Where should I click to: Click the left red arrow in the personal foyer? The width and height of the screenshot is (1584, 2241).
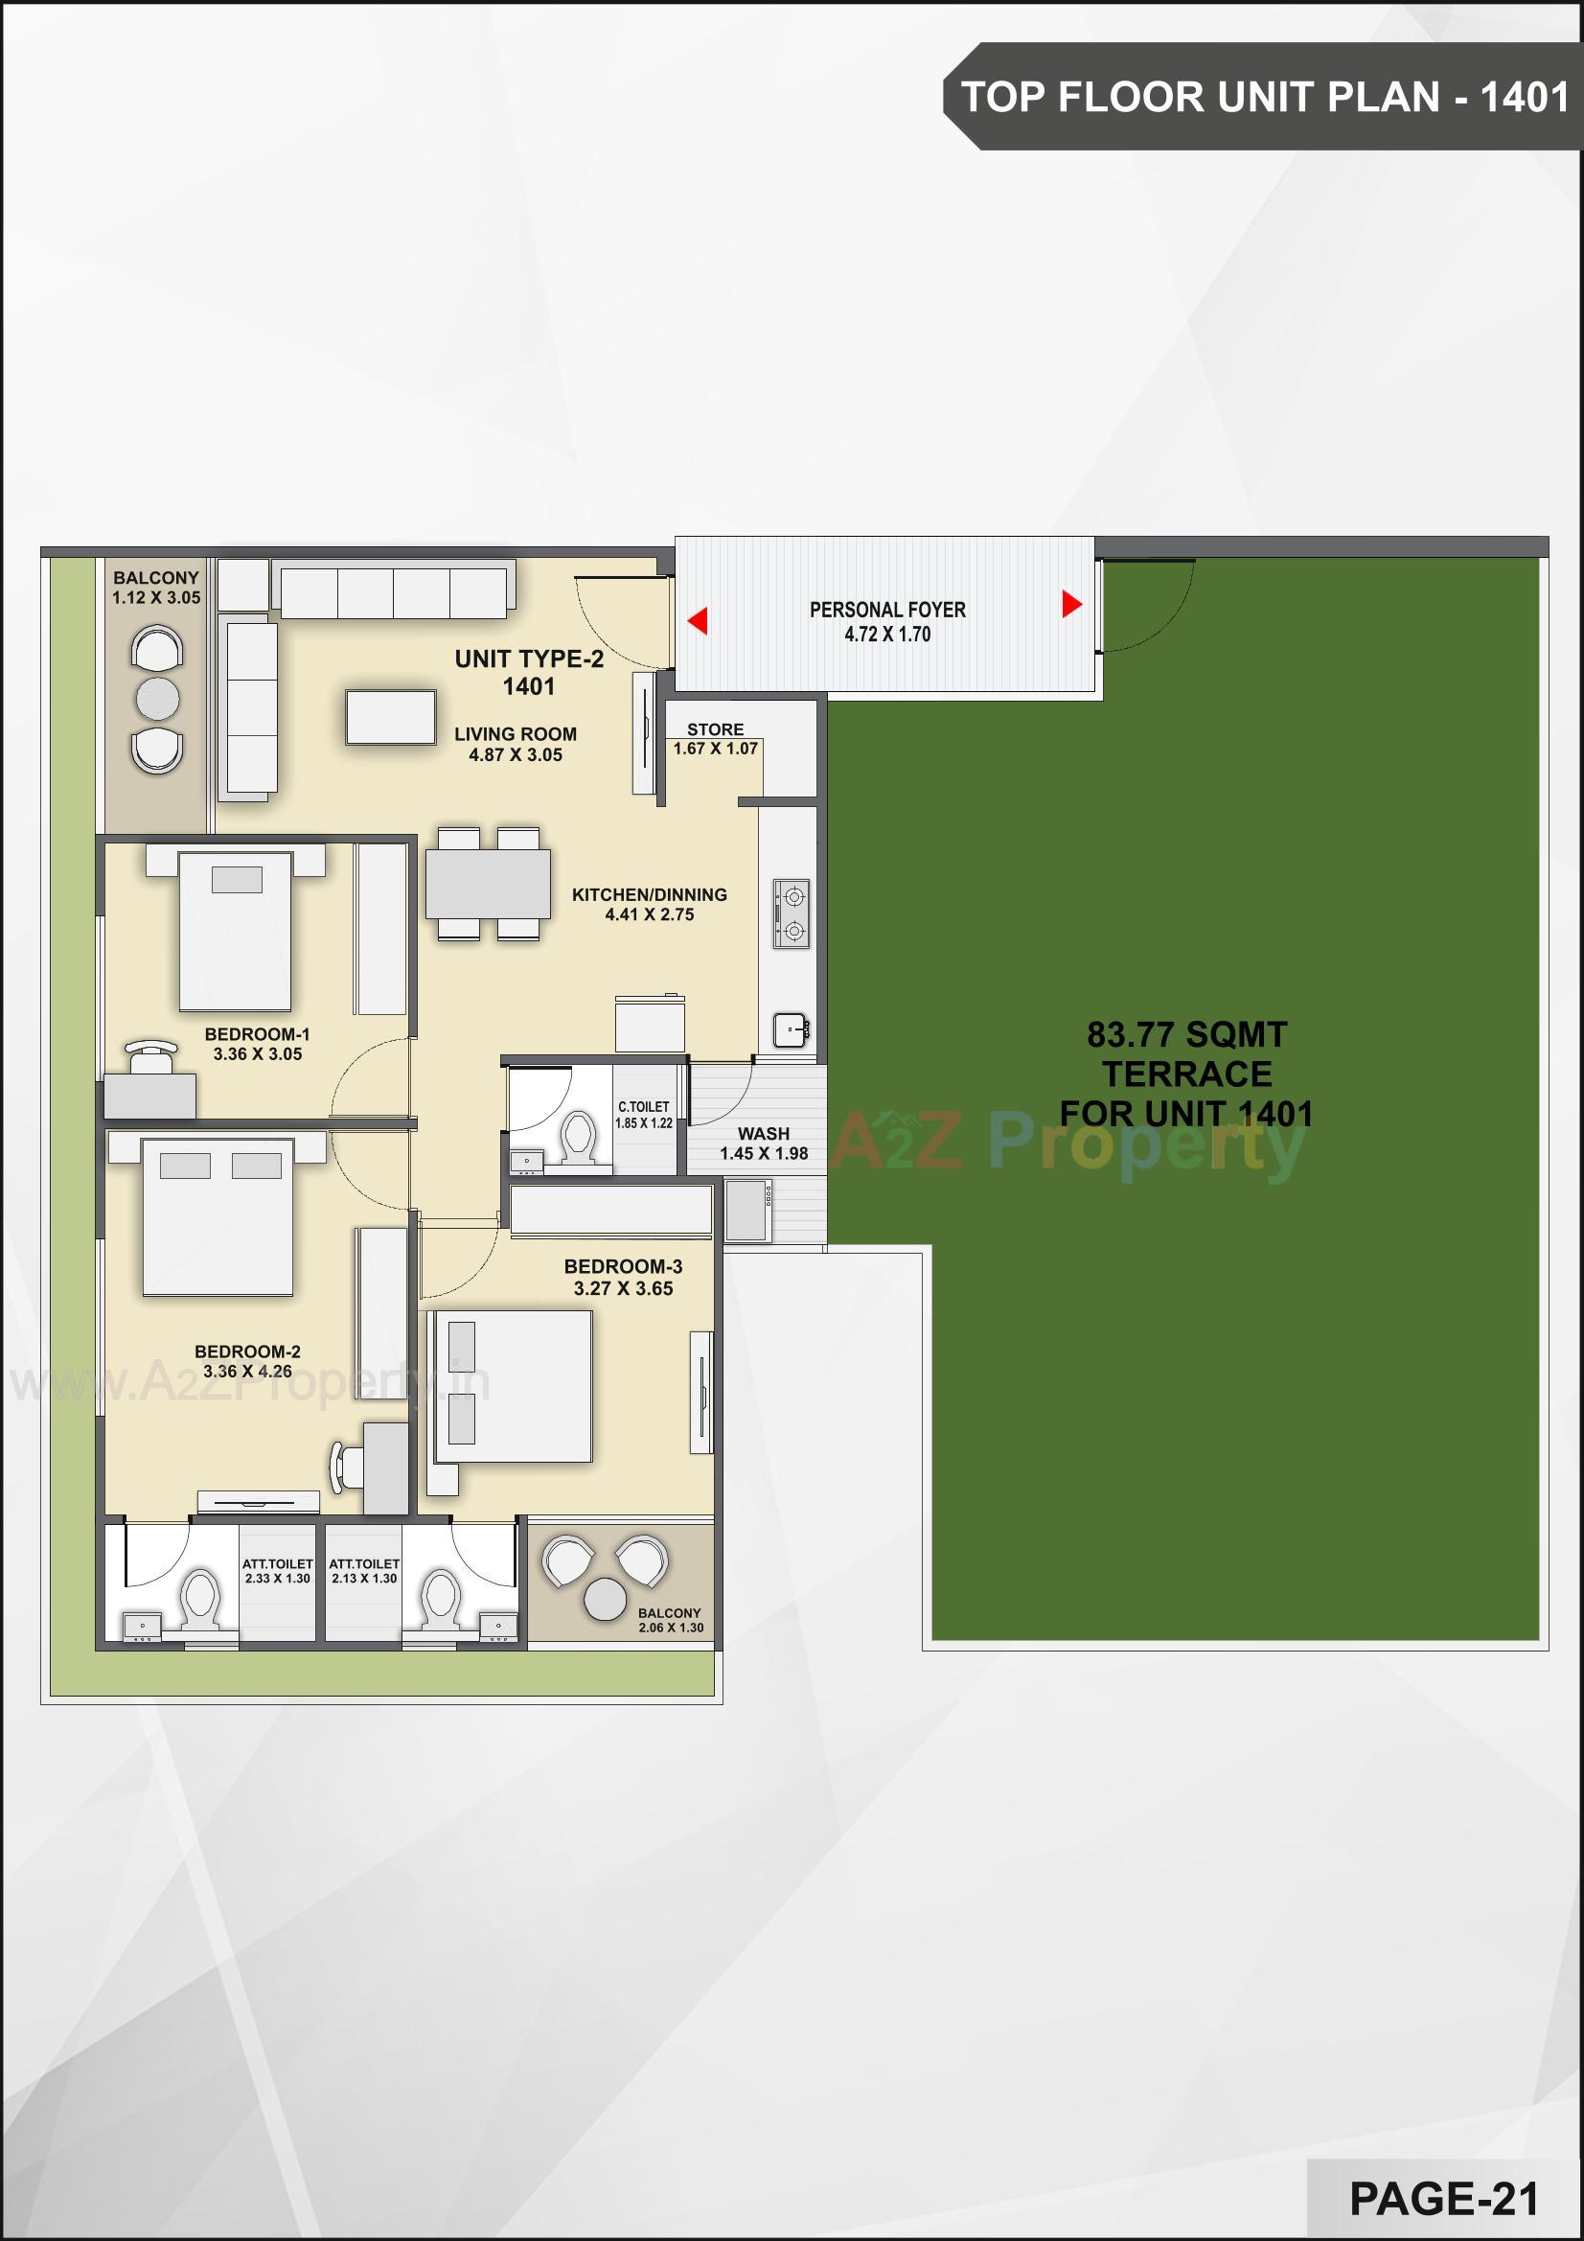698,621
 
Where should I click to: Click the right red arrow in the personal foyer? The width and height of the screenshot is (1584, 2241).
1070,604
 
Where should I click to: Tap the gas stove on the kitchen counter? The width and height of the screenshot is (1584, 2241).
792,913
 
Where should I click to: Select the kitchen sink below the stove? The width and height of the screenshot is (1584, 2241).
791,1028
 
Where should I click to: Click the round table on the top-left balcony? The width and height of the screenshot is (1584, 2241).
157,699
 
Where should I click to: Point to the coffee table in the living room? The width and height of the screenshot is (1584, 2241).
390,717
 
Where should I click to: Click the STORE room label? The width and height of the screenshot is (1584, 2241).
716,730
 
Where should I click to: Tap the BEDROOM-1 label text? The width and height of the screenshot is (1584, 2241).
258,1034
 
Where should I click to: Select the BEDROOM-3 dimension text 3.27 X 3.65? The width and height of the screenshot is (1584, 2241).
624,1288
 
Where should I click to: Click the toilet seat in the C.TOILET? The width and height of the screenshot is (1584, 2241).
579,1137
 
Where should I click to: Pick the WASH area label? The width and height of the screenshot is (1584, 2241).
763,1134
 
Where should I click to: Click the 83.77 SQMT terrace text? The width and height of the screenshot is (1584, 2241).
1186,1034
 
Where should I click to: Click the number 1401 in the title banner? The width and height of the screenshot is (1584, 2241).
1525,98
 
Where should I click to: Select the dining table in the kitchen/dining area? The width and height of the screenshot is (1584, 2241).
488,884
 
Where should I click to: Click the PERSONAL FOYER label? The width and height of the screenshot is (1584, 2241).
887,610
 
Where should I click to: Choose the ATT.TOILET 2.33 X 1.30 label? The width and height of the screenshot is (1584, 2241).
278,1564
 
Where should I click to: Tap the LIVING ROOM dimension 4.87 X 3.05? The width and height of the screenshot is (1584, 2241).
516,754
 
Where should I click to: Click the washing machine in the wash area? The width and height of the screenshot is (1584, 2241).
746,1211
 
